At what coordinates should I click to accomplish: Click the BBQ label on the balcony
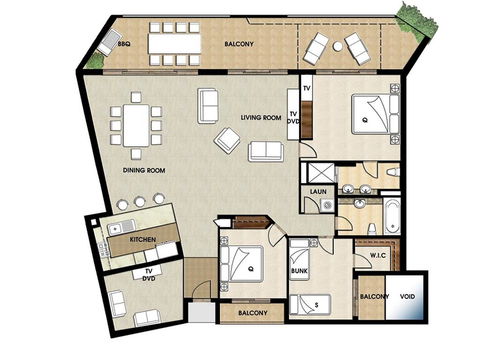coord(124,45)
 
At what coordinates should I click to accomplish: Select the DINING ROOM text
coord(144,170)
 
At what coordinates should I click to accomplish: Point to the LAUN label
coord(320,190)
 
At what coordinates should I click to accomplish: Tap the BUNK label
coord(299,270)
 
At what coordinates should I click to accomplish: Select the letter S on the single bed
coord(316,302)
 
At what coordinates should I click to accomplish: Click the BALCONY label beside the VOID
coord(374,297)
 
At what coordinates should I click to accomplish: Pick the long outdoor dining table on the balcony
coord(176,44)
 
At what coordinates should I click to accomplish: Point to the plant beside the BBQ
coord(95,60)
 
